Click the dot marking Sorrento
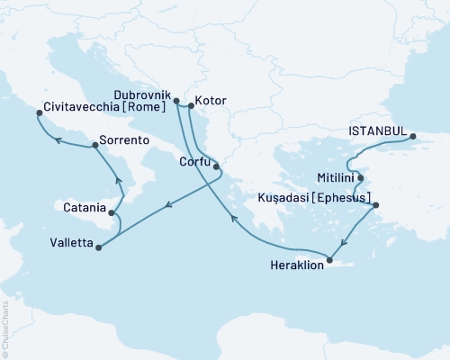pyautogui.click(x=92, y=146)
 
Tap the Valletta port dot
pyautogui.click(x=97, y=242)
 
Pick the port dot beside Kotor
pyautogui.click(x=191, y=105)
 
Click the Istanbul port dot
pyautogui.click(x=413, y=137)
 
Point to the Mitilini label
pyautogui.click(x=334, y=178)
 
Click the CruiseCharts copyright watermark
pyautogui.click(x=5, y=324)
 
